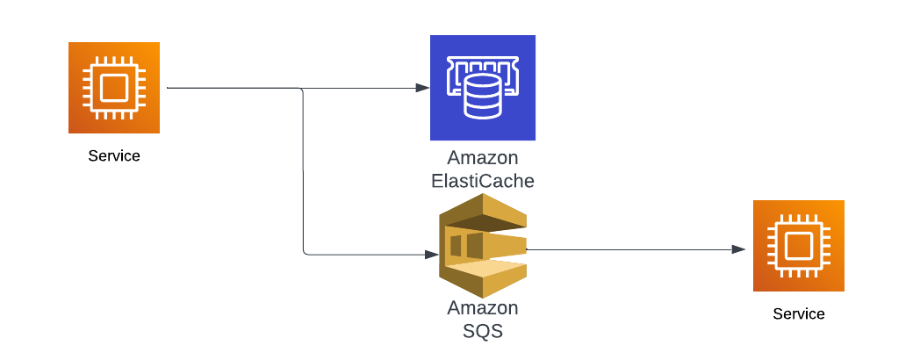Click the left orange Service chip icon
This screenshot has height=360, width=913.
coord(114,88)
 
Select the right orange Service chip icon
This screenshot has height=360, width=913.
coord(798,246)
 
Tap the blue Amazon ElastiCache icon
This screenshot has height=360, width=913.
coord(483,88)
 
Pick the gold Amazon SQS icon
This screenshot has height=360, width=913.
coord(483,246)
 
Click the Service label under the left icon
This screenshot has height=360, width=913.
coord(114,156)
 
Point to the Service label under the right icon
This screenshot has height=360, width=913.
coord(799,314)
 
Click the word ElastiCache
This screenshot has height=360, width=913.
coord(483,181)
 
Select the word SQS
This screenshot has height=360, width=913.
coord(483,331)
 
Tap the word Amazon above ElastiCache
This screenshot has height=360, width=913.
coord(483,158)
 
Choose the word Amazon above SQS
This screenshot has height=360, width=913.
coord(483,307)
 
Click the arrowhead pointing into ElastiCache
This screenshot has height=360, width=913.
coord(423,88)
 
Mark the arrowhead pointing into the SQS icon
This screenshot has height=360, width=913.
coord(431,255)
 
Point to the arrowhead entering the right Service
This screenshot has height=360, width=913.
coord(738,249)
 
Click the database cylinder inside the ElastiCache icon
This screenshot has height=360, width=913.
coord(482,97)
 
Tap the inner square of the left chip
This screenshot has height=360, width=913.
coord(114,88)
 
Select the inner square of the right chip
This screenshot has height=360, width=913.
coord(798,246)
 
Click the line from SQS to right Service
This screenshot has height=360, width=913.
coord(629,249)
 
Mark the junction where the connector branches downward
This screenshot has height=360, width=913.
coord(302,89)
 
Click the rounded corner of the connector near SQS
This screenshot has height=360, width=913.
coord(305,253)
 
